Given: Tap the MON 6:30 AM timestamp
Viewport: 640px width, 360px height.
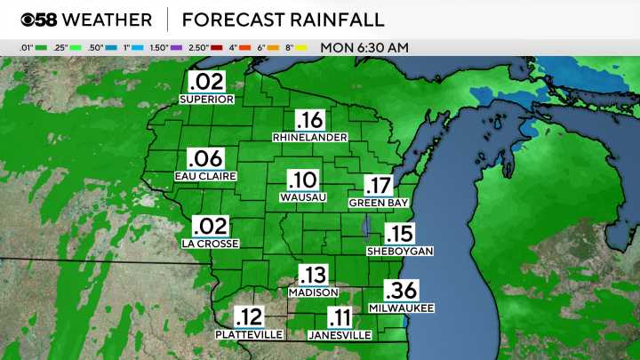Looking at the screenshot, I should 364,46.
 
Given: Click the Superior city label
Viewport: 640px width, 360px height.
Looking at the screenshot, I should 206,100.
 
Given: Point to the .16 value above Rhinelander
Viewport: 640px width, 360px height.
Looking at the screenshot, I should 309,121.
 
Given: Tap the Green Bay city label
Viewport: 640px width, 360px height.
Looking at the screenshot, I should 378,202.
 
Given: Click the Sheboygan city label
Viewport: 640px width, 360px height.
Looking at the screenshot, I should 400,252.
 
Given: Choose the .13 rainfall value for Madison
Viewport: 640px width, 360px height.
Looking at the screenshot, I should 312,275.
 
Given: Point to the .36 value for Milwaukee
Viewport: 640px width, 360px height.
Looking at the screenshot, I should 402,291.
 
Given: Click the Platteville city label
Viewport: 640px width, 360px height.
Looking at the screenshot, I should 249,334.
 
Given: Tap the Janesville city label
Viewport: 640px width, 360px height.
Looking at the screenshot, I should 340,335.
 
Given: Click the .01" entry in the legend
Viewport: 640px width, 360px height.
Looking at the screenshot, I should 26,46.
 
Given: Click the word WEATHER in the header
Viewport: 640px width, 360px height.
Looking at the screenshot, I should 108,20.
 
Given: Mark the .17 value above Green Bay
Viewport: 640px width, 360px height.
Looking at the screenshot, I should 377,185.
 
